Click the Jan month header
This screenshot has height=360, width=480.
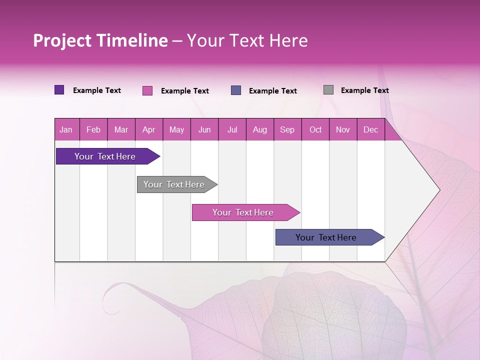click(66, 129)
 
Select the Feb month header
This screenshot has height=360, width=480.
click(93, 129)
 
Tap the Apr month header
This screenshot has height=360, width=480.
click(149, 129)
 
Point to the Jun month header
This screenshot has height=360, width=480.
click(204, 129)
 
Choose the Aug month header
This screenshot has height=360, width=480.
click(260, 129)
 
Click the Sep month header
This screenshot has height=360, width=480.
click(287, 129)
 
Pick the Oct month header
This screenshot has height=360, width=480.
click(315, 129)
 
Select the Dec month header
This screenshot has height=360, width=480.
click(371, 129)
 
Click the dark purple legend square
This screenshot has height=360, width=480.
click(59, 90)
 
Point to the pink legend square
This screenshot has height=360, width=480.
click(147, 90)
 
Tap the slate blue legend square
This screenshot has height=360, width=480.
click(236, 90)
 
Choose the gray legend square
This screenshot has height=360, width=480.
click(328, 90)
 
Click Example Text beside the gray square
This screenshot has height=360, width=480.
click(364, 90)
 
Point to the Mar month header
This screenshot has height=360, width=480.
click(121, 129)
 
